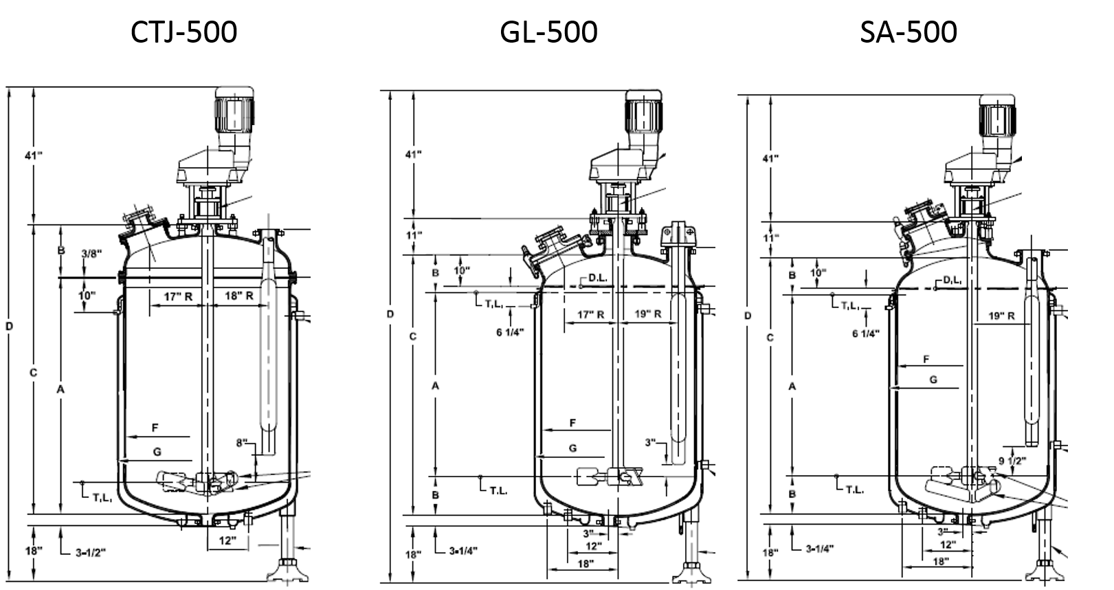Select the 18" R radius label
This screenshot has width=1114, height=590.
(x=239, y=296)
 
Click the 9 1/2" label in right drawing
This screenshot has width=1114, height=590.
(x=1012, y=461)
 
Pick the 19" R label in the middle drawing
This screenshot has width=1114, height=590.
(x=647, y=315)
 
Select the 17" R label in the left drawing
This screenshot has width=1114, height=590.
(x=177, y=296)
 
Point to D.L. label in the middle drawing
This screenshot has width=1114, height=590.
(x=595, y=279)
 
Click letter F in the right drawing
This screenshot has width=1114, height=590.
(x=926, y=359)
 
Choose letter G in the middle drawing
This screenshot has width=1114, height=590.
(x=572, y=448)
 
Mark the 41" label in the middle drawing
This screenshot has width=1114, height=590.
(x=414, y=154)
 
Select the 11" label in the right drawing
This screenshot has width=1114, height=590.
(x=771, y=238)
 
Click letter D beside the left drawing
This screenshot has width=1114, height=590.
(x=9, y=326)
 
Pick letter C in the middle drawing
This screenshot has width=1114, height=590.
(x=412, y=336)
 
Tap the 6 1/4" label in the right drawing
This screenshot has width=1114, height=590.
(x=865, y=334)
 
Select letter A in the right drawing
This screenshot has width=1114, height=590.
(x=792, y=386)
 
